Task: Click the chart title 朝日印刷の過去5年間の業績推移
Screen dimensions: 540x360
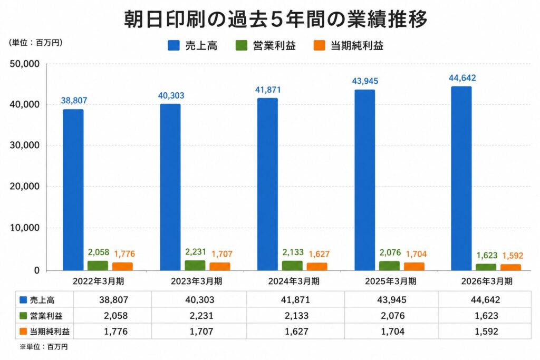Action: pyautogui.click(x=275, y=19)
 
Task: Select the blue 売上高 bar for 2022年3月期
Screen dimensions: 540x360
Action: pyautogui.click(x=73, y=190)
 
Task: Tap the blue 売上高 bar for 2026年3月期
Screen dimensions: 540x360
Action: pyautogui.click(x=461, y=178)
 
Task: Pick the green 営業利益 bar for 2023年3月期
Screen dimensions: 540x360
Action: pyautogui.click(x=195, y=265)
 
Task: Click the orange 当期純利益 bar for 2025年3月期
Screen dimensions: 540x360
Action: pyautogui.click(x=414, y=266)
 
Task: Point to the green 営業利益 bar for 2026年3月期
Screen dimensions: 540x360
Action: pyautogui.click(x=486, y=267)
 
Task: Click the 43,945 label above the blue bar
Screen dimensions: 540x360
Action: pyautogui.click(x=365, y=81)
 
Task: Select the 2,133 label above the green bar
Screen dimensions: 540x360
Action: pyautogui.click(x=293, y=252)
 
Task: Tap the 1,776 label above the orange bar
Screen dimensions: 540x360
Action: pyautogui.click(x=124, y=254)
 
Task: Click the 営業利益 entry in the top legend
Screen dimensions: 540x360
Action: pyautogui.click(x=266, y=45)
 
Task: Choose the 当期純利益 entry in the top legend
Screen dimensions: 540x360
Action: pyautogui.click(x=348, y=45)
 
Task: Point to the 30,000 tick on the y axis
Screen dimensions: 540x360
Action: pyautogui.click(x=25, y=145)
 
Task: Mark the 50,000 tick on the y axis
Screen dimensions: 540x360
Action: pyautogui.click(x=25, y=64)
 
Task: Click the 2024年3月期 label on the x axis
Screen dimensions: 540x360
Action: pyautogui.click(x=294, y=281)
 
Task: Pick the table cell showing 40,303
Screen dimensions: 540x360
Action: pyautogui.click(x=200, y=300)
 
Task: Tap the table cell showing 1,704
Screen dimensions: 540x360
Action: pyautogui.click(x=392, y=332)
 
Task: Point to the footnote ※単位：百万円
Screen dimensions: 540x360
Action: pyautogui.click(x=43, y=347)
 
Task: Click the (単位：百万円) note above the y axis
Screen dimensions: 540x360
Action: pyautogui.click(x=35, y=43)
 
